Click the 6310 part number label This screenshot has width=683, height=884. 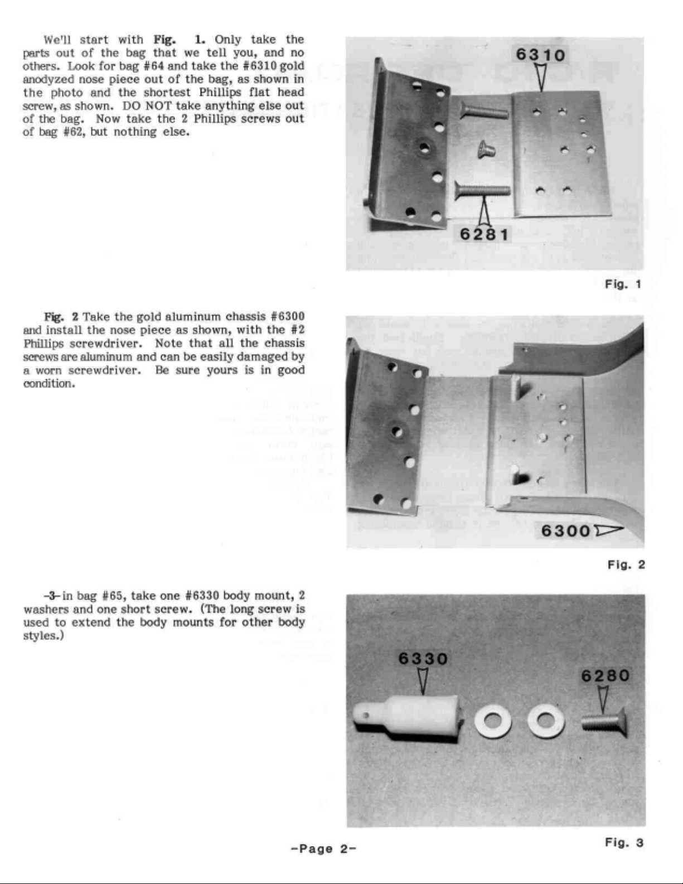point(540,55)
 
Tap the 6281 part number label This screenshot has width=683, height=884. point(484,235)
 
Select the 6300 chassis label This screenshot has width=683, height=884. point(565,530)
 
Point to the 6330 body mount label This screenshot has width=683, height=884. point(423,659)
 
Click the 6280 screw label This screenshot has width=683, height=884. point(606,676)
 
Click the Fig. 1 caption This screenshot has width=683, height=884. point(623,284)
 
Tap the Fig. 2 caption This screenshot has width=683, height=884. point(626,564)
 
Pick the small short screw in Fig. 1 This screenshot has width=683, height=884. point(486,149)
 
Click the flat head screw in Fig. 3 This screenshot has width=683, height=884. point(604,722)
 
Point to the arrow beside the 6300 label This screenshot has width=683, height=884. point(608,530)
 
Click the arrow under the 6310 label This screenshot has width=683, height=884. point(540,77)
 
